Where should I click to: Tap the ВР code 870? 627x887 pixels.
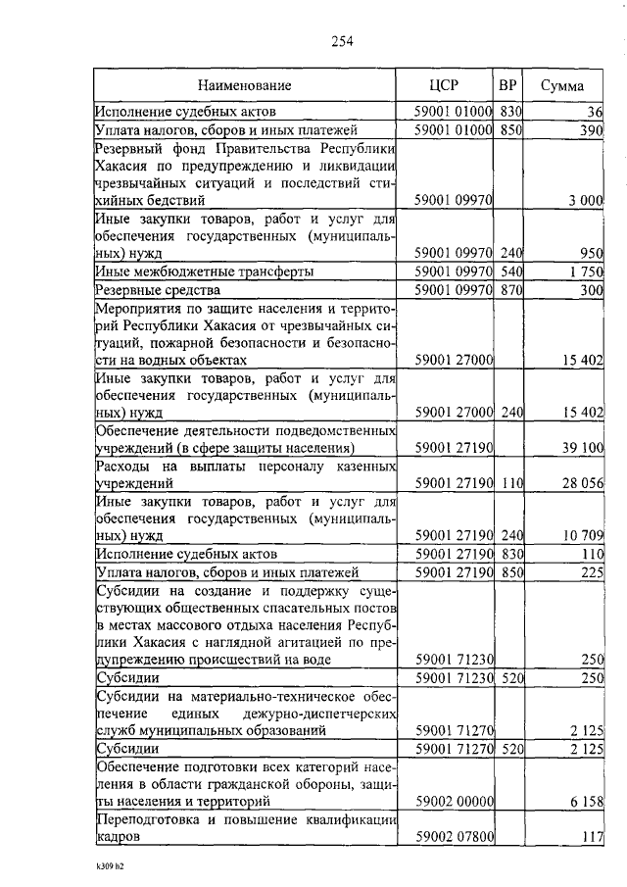click(x=508, y=290)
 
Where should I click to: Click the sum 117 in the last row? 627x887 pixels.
click(x=591, y=838)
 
